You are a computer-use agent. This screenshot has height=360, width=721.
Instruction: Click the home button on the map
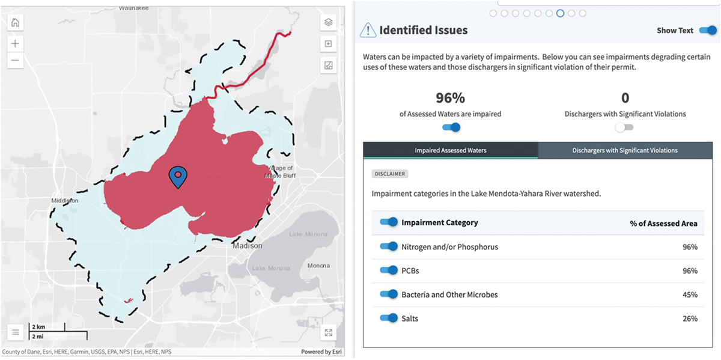[x=15, y=23]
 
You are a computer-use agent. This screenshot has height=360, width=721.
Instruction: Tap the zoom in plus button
[x=15, y=43]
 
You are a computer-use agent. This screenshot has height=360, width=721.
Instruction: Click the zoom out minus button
[x=15, y=60]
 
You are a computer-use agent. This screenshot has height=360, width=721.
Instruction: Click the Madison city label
[x=248, y=246]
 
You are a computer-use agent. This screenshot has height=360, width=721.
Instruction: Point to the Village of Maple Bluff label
[x=279, y=172]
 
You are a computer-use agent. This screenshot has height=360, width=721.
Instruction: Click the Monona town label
[x=318, y=266]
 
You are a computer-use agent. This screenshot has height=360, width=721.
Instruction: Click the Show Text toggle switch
[x=708, y=30]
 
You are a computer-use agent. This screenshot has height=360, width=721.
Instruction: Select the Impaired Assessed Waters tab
[x=451, y=150]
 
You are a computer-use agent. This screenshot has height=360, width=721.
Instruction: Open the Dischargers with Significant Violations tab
[x=625, y=150]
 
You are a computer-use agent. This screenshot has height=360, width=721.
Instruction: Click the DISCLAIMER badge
[x=390, y=174]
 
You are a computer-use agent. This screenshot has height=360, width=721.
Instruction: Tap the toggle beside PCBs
[x=389, y=270]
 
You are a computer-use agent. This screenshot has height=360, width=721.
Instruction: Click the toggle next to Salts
[x=389, y=318]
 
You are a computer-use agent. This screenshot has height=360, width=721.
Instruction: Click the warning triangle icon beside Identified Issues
[x=367, y=30]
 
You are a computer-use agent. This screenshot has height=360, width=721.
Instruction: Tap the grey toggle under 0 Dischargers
[x=624, y=127]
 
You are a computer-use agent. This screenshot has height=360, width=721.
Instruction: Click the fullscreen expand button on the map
[x=328, y=332]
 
